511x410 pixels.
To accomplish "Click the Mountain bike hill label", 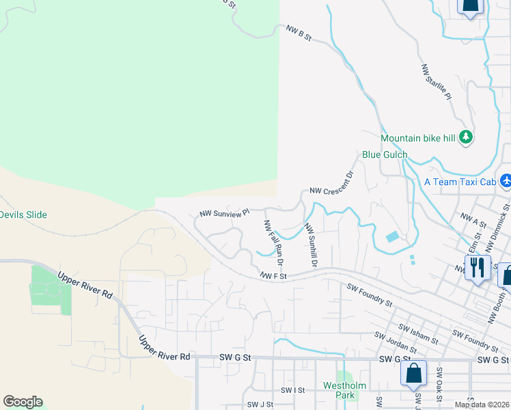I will [417, 138].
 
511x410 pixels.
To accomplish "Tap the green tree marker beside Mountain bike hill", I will [466, 137].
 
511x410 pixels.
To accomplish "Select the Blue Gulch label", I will [385, 155].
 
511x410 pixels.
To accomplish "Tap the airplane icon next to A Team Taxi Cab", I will [506, 182].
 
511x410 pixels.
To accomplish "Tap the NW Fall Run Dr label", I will [273, 243].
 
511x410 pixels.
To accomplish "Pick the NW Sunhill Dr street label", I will [311, 245].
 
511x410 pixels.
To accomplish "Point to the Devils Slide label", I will [23, 215].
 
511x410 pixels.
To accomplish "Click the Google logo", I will [23, 402].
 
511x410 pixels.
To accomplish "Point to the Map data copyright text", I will [481, 405].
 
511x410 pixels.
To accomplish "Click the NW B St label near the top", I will [299, 33].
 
